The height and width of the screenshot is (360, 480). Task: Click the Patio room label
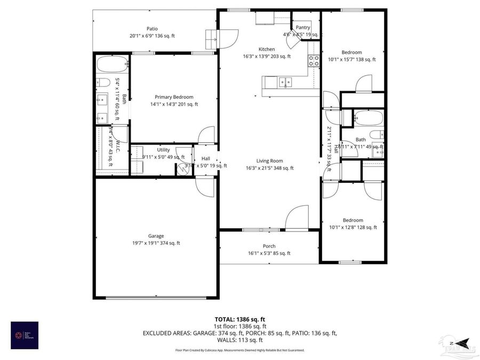point(152,29)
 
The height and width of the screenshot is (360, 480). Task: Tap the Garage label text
point(156,236)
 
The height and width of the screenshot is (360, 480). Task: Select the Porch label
point(269,246)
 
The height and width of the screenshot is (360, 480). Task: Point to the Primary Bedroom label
point(174,97)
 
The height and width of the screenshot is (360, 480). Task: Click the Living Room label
point(269,161)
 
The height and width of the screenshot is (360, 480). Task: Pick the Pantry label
point(303,27)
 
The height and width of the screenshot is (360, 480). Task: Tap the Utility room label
point(163,150)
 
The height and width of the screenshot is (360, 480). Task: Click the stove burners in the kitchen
point(314,60)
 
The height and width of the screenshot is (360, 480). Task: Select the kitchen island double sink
point(285,82)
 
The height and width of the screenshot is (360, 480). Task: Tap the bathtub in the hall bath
point(368,117)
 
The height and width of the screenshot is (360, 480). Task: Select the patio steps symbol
point(211,39)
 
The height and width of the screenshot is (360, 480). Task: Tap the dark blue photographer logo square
point(25,335)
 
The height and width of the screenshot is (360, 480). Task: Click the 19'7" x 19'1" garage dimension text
point(156,243)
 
